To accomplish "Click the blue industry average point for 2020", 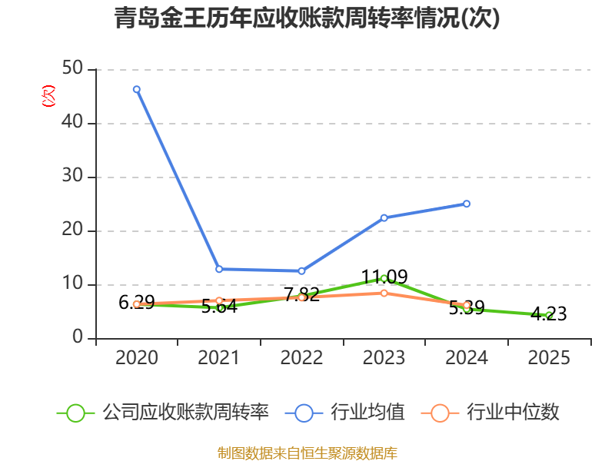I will point(137,89).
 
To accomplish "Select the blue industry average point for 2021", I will point(219,269).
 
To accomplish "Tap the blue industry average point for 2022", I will point(301,271).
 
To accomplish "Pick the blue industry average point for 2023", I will point(384,217).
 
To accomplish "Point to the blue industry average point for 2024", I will point(467,204).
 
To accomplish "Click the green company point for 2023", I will point(384,278).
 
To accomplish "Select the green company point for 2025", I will point(549,315).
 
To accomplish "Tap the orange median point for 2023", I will point(384,293).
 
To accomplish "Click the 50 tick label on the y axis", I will point(73,69).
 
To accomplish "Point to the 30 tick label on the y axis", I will point(73,177).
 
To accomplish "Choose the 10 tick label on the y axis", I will point(73,284).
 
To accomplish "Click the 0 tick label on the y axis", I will point(78,338).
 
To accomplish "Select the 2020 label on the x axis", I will point(137,358).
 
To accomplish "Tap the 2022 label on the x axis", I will point(301,358).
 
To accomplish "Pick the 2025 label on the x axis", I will point(549,358).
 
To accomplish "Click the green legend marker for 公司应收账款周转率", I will point(75,413).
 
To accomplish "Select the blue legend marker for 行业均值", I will point(304,413).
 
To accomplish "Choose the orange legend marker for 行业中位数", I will point(440,413).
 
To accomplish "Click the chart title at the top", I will point(307,18).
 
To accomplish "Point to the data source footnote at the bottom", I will point(307,453).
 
